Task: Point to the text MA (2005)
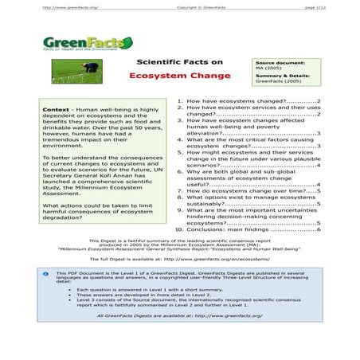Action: click(x=267, y=68)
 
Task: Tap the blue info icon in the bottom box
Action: click(x=45, y=272)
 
